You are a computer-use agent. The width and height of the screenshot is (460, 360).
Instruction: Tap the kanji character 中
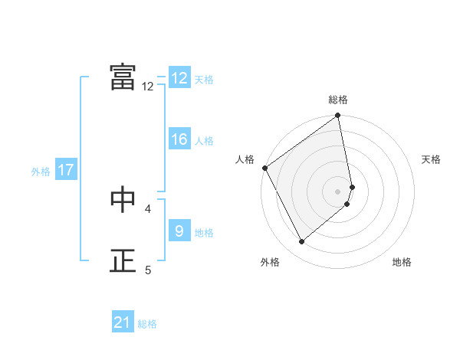(123, 198)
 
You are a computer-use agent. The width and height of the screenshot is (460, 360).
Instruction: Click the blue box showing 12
(179, 78)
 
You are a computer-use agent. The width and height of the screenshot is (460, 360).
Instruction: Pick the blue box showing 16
(179, 139)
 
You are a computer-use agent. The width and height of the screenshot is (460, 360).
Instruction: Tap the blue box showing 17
(66, 170)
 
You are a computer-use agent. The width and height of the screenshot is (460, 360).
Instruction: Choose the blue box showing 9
(179, 231)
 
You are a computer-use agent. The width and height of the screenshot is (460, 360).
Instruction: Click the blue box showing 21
(123, 322)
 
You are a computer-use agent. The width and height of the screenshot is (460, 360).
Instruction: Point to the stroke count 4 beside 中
(148, 208)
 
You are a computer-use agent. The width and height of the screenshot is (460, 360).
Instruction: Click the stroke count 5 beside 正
(148, 270)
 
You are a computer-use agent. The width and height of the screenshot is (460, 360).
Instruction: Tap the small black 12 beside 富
(148, 87)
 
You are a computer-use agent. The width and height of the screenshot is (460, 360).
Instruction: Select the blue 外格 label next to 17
(41, 172)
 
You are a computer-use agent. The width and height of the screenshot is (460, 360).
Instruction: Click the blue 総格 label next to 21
(147, 324)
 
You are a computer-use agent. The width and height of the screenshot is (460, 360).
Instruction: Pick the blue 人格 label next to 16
(204, 141)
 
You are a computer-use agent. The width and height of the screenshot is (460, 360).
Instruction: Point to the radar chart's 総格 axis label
(338, 100)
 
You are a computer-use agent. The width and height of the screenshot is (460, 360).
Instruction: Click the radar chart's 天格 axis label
(432, 159)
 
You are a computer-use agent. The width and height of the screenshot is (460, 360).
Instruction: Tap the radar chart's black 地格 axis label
(402, 262)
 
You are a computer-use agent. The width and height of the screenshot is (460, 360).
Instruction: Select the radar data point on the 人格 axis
(265, 168)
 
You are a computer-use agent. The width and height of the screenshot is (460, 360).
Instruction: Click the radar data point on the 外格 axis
(301, 241)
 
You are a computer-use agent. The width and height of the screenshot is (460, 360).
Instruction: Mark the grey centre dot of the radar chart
(338, 191)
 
